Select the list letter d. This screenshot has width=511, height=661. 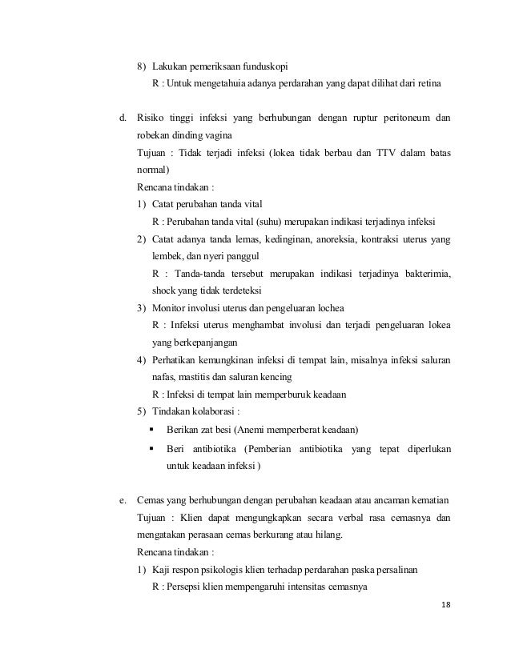(x=123, y=119)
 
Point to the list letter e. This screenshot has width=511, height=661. (x=123, y=501)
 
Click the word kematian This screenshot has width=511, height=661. (x=424, y=501)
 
